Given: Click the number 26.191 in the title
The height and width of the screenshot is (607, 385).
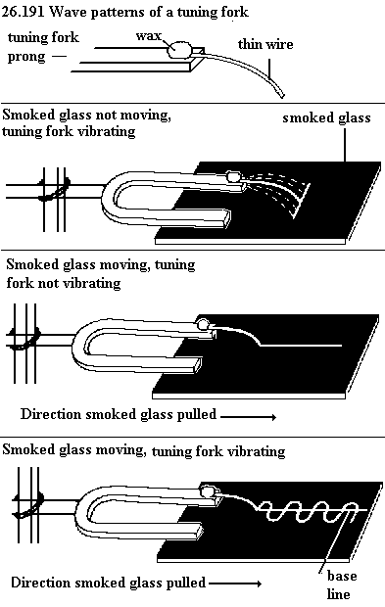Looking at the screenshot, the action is (24, 12).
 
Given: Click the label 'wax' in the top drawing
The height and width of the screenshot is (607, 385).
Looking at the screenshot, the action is (148, 35).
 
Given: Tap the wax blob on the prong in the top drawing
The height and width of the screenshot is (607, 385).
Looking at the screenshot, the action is (179, 49).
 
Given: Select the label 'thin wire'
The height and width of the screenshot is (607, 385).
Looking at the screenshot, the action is (265, 44).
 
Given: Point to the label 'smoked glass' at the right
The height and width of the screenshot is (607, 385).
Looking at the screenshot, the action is (326, 117).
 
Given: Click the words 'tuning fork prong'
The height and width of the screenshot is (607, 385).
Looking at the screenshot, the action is (43, 47).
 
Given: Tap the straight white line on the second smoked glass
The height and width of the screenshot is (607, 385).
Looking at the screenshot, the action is (301, 345).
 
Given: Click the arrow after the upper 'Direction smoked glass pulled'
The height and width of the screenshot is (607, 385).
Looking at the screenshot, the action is (248, 417).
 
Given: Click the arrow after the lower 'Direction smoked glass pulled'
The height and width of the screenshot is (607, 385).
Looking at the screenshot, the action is (235, 584).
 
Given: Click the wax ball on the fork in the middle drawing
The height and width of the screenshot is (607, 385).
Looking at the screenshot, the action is (203, 324).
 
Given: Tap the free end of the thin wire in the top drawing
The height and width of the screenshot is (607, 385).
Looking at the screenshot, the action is (282, 95).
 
